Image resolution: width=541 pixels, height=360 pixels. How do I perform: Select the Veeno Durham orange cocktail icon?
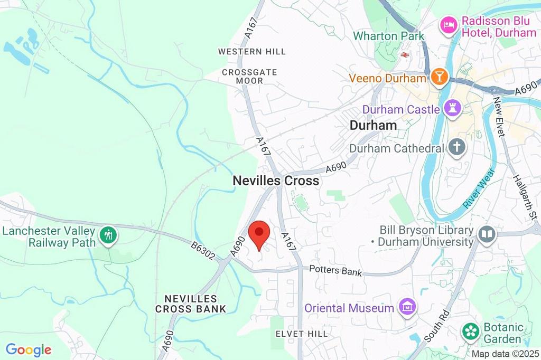click(x=439, y=77)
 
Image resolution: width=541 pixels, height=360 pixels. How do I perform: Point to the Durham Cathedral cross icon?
click(x=456, y=148)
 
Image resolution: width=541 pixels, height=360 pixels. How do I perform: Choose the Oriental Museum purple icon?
click(x=407, y=307)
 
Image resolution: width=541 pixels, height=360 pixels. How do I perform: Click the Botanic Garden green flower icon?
click(x=469, y=333)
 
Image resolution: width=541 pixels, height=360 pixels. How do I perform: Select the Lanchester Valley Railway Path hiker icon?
click(x=109, y=235)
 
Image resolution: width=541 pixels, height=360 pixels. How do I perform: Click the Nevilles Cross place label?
click(x=276, y=181)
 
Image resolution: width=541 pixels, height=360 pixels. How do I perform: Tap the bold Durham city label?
click(x=373, y=126)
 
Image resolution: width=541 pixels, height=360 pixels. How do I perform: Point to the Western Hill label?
click(x=252, y=52)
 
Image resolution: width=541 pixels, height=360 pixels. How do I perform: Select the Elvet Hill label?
click(x=302, y=334)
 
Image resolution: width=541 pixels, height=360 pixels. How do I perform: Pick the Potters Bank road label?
click(x=336, y=271)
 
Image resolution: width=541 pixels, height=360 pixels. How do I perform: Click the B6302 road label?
click(x=203, y=251)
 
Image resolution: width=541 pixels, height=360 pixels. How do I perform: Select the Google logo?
click(x=28, y=349)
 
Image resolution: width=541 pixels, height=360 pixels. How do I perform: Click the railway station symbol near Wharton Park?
click(x=405, y=54)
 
